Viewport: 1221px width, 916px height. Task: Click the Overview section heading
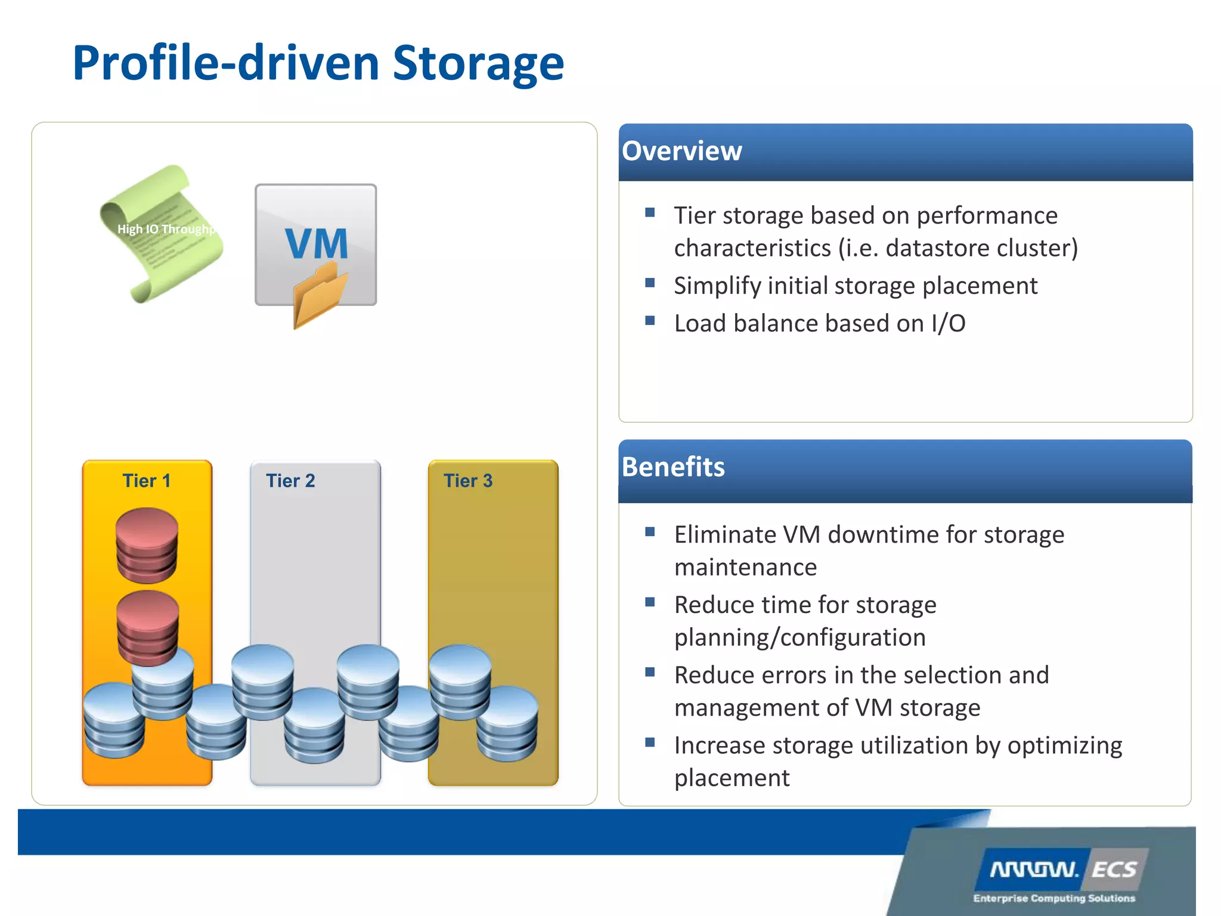681,151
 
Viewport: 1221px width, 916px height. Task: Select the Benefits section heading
673,467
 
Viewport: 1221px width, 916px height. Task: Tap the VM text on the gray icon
316,243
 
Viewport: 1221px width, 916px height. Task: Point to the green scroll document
160,234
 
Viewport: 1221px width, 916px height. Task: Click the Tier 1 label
147,481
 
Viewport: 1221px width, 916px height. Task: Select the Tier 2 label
290,481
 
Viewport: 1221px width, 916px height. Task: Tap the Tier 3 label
468,481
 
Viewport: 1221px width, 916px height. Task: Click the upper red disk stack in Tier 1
147,544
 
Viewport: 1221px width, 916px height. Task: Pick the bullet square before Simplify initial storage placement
650,283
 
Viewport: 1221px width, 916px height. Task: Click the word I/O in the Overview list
948,324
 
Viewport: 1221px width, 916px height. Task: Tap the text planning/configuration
799,638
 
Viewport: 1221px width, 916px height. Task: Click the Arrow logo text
1034,869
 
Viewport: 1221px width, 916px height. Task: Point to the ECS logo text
1114,869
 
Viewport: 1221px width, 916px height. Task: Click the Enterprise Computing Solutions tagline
1053,898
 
